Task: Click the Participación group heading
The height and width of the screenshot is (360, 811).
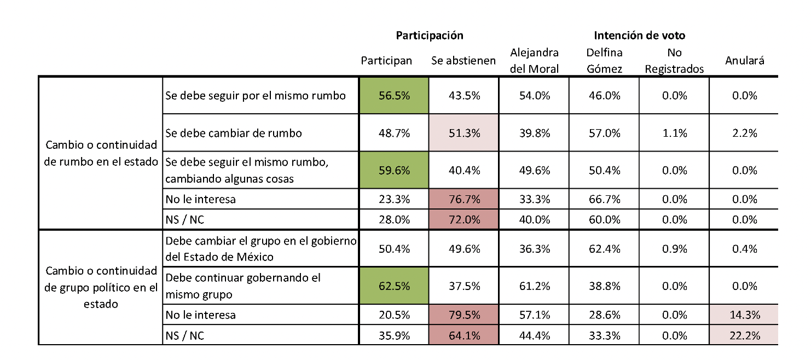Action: pos(430,36)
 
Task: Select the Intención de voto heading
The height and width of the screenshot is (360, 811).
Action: pos(639,36)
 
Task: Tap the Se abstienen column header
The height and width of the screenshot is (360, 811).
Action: pos(464,61)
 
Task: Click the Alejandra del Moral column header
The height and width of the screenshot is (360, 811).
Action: pos(534,61)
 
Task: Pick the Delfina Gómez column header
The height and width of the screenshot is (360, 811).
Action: pos(604,61)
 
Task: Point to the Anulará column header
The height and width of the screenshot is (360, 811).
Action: pos(744,61)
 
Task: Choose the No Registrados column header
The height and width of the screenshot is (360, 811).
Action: pos(674,61)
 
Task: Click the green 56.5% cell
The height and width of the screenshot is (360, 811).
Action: pos(394,95)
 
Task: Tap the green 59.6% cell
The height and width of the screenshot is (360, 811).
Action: pos(394,170)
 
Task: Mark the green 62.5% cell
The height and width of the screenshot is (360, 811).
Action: pos(394,286)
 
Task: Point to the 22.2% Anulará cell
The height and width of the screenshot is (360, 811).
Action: pos(744,335)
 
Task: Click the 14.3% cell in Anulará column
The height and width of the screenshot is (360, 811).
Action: pos(744,315)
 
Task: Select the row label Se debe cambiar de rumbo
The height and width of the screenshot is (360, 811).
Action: pos(234,133)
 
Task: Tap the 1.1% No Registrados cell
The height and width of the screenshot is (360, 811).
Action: pos(674,133)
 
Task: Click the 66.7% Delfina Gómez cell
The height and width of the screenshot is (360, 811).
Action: pos(604,199)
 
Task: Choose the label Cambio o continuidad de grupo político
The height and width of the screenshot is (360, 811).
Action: pos(101,287)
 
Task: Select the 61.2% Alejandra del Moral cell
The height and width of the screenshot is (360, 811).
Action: pos(534,286)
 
